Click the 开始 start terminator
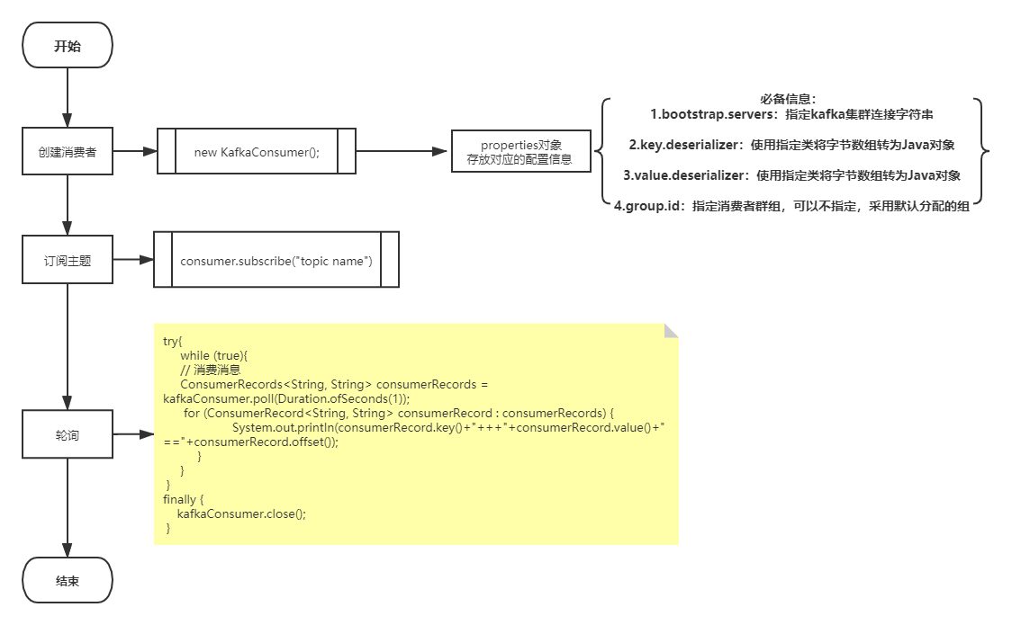68,45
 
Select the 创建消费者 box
68,151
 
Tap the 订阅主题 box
68,260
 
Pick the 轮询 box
68,434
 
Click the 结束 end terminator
68,580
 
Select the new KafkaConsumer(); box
257,151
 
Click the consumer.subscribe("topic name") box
276,260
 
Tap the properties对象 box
520,151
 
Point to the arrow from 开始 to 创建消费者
68,97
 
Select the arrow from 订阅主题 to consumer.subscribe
133,260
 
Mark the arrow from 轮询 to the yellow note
133,434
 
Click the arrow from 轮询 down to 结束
68,508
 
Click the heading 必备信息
788,99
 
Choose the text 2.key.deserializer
683,144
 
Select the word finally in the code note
179,499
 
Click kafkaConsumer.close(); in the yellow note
241,513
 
